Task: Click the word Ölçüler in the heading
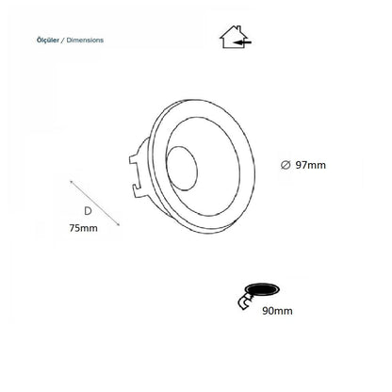48,41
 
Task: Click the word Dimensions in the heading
85,41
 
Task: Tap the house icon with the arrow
236,37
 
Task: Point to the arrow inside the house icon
244,41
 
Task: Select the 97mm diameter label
311,165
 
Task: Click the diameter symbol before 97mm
286,165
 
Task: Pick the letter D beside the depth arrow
88,211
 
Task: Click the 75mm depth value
83,228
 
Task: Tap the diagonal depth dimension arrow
95,203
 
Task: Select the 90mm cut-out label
277,311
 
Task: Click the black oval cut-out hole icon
262,289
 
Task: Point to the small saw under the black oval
246,302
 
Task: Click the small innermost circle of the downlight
182,168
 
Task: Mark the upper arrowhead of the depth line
72,182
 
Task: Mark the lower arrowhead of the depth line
118,224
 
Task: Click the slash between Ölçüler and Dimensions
63,41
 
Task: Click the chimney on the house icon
240,28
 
